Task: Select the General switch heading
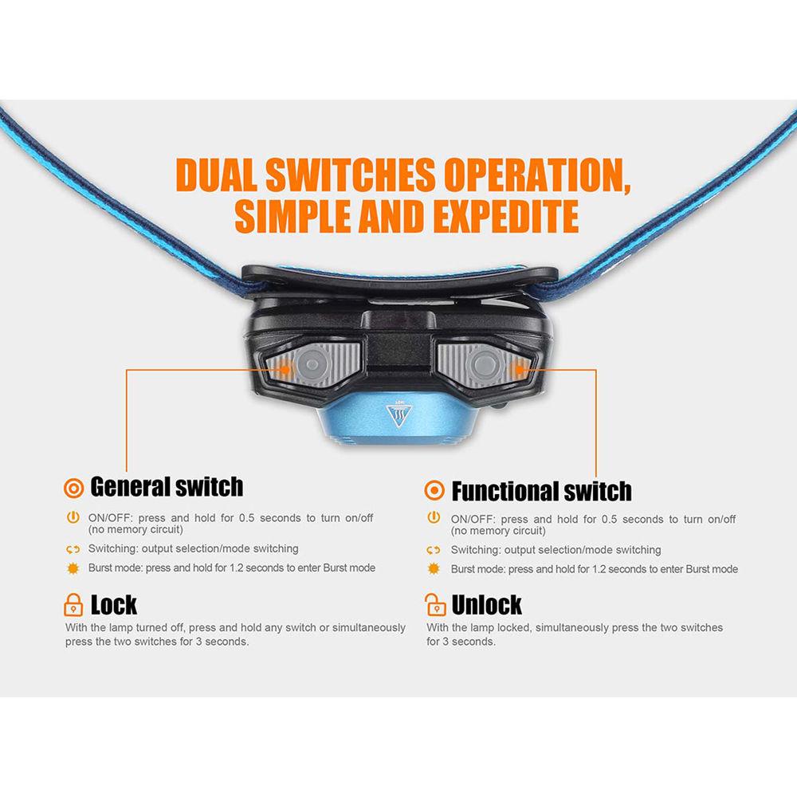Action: [x=167, y=486]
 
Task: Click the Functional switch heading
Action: [x=541, y=491]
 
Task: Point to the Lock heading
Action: [x=113, y=605]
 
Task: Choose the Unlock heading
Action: [x=486, y=605]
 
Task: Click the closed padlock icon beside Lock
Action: [x=73, y=604]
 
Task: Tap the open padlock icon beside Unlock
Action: [x=435, y=604]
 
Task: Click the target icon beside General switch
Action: [x=73, y=488]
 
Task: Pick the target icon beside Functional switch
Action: [x=434, y=490]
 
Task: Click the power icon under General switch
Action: [x=73, y=518]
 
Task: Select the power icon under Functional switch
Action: [x=434, y=518]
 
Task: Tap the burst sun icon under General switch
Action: [x=73, y=568]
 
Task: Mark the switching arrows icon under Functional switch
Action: [x=434, y=550]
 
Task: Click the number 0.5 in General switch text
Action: [x=246, y=518]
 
